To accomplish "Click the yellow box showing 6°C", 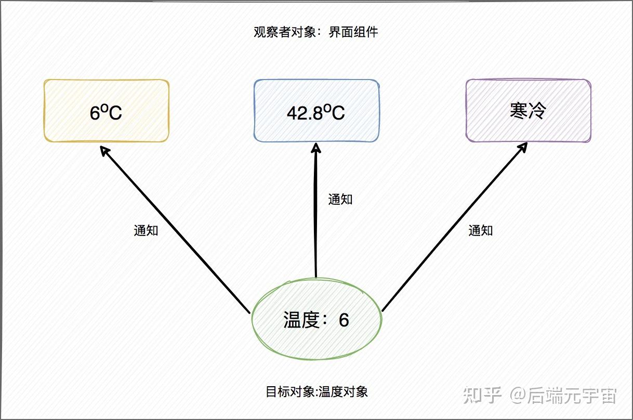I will pos(107,110).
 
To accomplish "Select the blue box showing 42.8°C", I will pos(316,110).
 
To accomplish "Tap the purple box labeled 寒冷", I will pos(528,110).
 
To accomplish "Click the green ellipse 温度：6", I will pos(316,320).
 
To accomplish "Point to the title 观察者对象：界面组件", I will pos(316,32).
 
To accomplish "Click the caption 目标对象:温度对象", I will pos(316,391).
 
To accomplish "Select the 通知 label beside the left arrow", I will pos(146,231).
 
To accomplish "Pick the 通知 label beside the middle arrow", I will pos(340,199).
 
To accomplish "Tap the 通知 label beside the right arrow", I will pos(481,230).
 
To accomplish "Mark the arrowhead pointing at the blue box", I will pos(316,149).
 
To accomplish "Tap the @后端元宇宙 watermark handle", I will pos(563,396).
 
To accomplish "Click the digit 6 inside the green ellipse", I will pos(344,320).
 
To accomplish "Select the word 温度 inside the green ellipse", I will pos(300,320).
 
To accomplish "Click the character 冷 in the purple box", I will pos(537,111).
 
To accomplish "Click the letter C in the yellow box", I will pos(115,113).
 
